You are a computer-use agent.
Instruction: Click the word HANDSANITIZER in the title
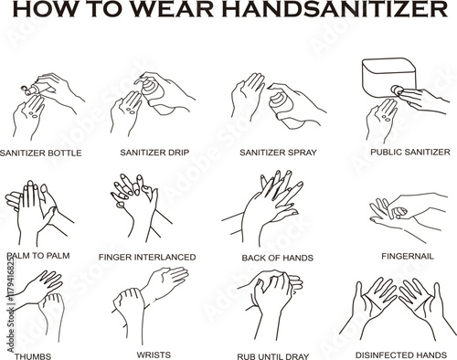[335, 9]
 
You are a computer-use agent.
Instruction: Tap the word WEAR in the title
[173, 9]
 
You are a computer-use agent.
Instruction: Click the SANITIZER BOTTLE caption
[41, 153]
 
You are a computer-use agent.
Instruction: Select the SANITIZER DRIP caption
[154, 153]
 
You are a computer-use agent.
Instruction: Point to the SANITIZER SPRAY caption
[278, 153]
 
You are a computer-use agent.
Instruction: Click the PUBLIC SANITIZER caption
[410, 152]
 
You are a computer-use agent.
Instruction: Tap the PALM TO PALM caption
[38, 256]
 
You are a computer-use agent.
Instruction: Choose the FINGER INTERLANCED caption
[147, 258]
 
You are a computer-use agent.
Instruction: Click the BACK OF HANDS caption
[278, 258]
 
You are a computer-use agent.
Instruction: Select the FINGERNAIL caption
[408, 256]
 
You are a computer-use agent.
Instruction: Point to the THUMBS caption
[33, 356]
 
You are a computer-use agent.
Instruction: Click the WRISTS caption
[154, 355]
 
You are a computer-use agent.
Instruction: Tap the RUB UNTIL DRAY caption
[273, 356]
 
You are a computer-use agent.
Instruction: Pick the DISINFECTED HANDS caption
[401, 355]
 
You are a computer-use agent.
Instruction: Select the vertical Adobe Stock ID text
[11, 304]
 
